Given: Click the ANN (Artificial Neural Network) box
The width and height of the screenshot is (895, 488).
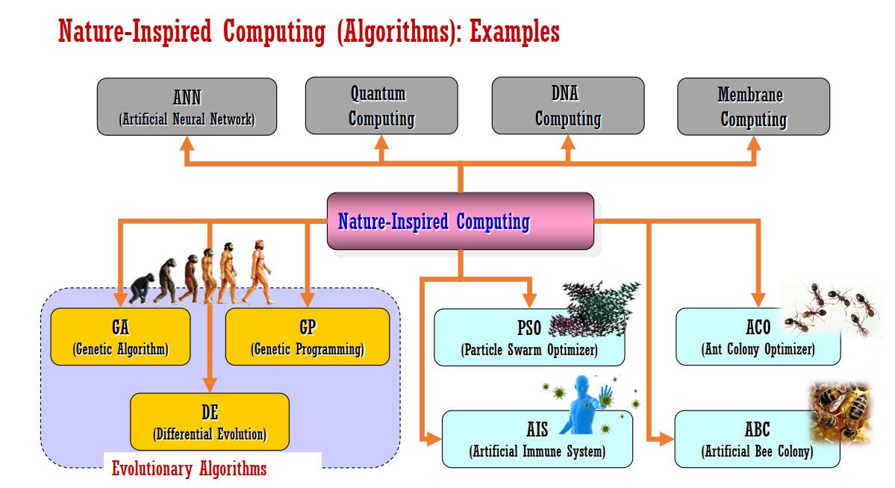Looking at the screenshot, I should tap(187, 107).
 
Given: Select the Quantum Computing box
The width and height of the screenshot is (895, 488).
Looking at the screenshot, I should tap(381, 107).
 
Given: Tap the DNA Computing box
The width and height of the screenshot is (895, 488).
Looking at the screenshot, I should tap(567, 107).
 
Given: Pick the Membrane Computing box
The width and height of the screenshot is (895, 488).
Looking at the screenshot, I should tap(753, 107).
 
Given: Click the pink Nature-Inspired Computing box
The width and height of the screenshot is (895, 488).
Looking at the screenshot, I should tap(461, 222).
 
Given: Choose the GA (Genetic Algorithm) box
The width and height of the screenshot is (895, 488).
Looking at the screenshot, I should tap(120, 337).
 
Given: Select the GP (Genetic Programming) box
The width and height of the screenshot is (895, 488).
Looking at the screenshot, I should tap(308, 337).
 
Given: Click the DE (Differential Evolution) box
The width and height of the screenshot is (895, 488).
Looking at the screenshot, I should tap(209, 422).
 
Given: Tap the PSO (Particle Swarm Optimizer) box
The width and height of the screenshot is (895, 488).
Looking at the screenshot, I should tap(508, 338).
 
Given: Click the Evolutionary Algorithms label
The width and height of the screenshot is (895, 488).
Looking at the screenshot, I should tap(189, 469).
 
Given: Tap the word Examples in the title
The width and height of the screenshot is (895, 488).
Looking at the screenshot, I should tap(514, 32).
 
